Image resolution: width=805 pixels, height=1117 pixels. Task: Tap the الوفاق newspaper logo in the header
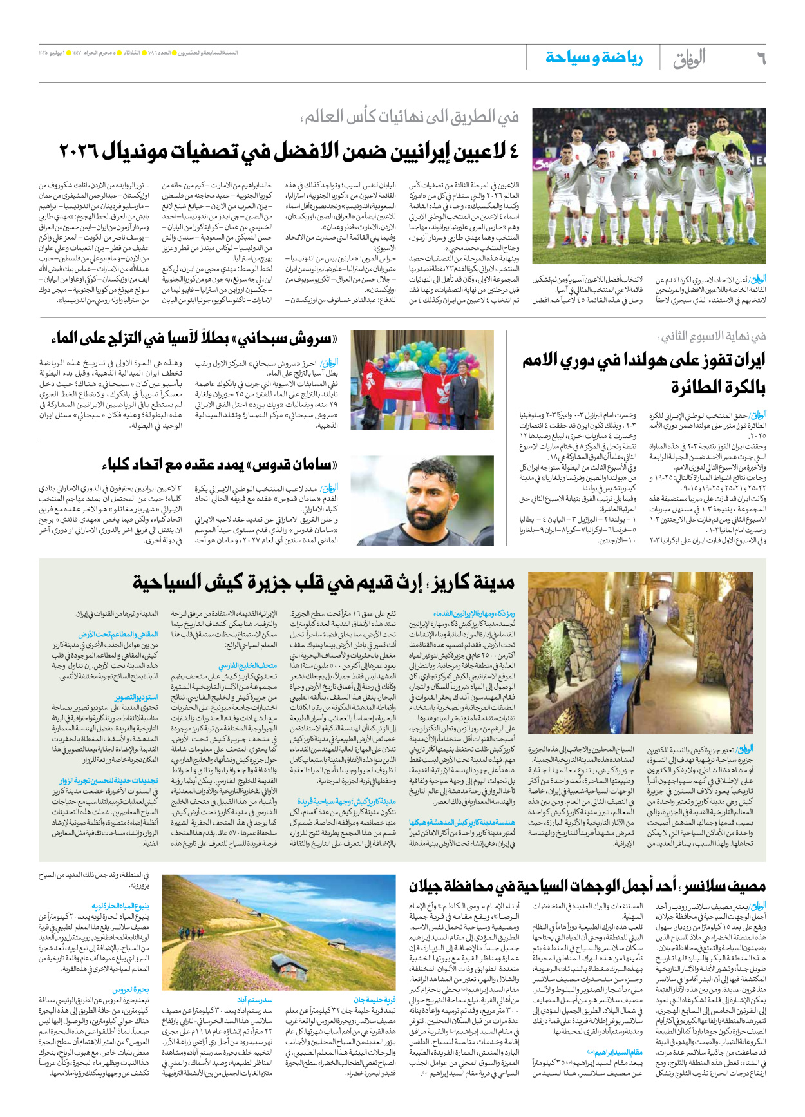(689, 59)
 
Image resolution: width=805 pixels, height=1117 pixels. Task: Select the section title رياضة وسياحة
(594, 58)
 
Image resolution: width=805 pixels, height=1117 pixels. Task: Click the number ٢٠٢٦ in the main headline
(81, 153)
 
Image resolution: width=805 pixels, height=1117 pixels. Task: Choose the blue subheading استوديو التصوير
(136, 698)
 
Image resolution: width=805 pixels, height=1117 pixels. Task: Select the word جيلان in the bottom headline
(439, 886)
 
